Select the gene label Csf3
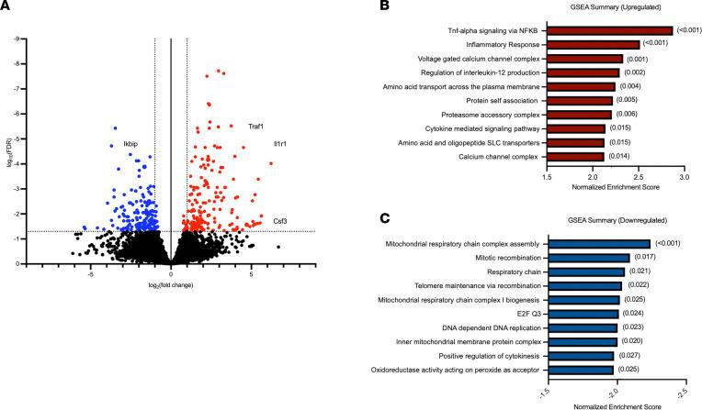(279, 220)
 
